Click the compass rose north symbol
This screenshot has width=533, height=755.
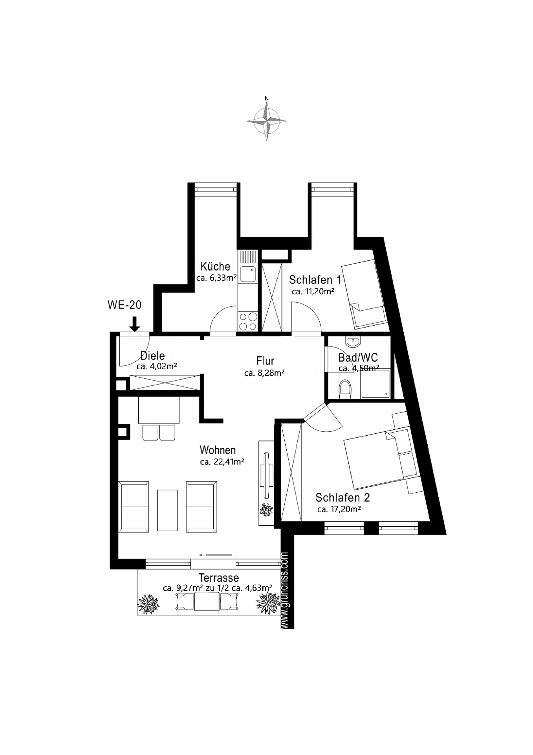coord(267,120)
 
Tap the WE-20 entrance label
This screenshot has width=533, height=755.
coord(124,305)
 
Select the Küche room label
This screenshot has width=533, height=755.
coord(215,266)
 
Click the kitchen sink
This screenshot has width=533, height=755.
coord(248,274)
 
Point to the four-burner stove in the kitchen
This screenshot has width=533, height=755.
coord(248,321)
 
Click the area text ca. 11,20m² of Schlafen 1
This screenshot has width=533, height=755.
coord(313,292)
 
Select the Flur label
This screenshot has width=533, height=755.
coord(265,361)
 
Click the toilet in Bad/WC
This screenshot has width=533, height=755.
coord(345,389)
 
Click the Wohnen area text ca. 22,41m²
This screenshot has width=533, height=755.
coord(222,462)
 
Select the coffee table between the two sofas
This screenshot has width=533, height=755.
coord(167,510)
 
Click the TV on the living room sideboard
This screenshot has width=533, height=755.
coord(267,475)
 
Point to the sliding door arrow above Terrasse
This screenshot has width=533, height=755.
coord(216,555)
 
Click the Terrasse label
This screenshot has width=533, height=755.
coord(218,578)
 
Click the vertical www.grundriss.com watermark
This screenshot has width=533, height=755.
coord(286,590)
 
